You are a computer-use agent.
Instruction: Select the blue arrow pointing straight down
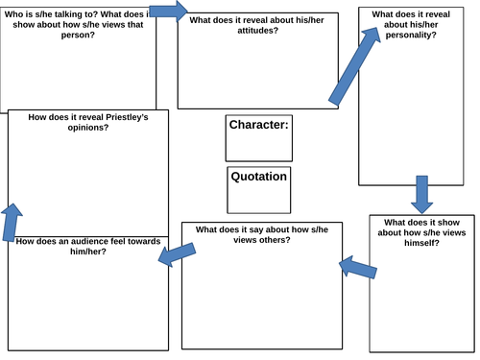[x=420, y=193]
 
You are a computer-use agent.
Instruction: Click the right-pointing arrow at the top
[x=169, y=12]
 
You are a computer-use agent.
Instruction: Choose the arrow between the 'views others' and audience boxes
[x=177, y=252]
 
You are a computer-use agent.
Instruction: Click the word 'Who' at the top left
[x=16, y=14]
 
